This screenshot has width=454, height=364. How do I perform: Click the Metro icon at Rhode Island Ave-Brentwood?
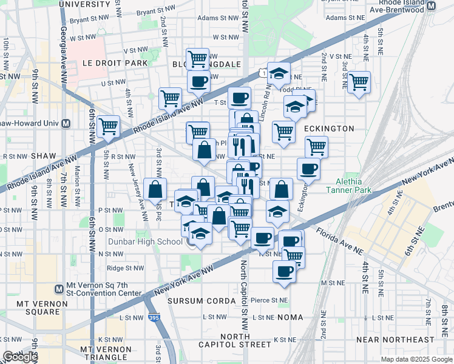coord(431,6)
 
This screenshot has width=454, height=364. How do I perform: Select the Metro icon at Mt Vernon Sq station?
coord(59,289)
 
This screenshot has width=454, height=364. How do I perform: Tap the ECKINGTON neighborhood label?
coord(328,129)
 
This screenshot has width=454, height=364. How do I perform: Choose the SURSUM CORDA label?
coord(200,301)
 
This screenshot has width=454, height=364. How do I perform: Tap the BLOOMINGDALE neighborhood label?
coord(206,64)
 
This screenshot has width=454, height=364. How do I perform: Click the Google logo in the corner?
coord(20,357)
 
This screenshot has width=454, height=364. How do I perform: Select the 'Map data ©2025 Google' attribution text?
coord(416,359)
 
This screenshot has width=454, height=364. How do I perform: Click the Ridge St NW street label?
coord(125,268)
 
